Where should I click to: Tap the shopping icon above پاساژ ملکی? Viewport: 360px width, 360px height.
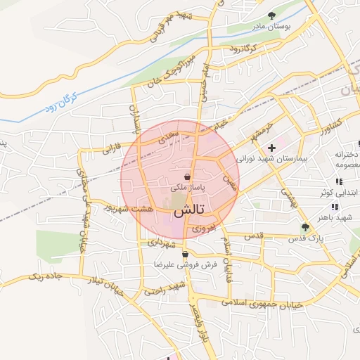tap(188, 176)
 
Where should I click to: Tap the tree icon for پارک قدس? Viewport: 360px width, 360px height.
tap(304, 227)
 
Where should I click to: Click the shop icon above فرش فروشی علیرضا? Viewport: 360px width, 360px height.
tap(184, 255)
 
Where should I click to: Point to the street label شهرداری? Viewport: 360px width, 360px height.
tap(165, 243)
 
